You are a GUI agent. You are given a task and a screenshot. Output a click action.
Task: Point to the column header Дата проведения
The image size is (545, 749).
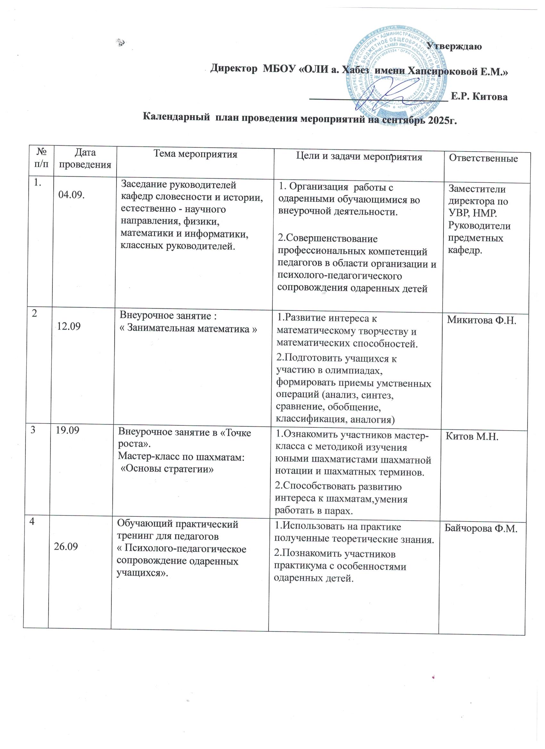pyautogui.click(x=84, y=159)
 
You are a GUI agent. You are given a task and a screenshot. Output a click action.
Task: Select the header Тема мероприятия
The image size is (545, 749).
pyautogui.click(x=196, y=154)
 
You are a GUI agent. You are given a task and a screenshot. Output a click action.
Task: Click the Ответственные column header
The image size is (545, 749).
pyautogui.click(x=483, y=159)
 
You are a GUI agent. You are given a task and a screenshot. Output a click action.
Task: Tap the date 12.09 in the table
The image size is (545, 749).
pyautogui.click(x=69, y=326)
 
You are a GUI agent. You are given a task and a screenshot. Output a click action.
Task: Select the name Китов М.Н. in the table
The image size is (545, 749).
pyautogui.click(x=472, y=437)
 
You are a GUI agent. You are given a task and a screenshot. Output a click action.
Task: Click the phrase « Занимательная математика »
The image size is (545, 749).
pyautogui.click(x=188, y=329)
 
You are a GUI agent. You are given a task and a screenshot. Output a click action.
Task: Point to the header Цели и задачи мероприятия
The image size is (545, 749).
pyautogui.click(x=359, y=157)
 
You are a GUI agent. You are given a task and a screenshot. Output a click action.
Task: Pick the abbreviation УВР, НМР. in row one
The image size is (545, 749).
pyautogui.click(x=473, y=213)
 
